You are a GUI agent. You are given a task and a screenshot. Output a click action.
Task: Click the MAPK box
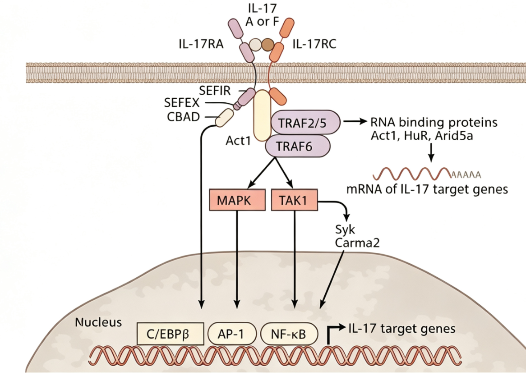(237, 200)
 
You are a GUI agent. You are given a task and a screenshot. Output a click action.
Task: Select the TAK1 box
(294, 200)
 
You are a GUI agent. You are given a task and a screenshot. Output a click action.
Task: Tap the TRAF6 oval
(298, 146)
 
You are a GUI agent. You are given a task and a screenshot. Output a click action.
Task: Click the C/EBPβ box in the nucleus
(171, 334)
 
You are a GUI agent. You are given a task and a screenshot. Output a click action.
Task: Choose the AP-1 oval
(232, 334)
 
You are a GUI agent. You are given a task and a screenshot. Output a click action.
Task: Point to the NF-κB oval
(289, 334)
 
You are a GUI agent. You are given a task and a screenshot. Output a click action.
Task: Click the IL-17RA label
(201, 44)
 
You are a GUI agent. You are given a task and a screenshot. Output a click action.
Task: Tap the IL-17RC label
(314, 44)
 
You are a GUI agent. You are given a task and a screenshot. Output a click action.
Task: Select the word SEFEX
(182, 102)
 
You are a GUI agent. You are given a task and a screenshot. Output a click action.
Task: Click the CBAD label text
(184, 117)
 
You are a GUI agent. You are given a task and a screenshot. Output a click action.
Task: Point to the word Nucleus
(98, 322)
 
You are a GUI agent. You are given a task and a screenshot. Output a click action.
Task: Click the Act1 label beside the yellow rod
(238, 141)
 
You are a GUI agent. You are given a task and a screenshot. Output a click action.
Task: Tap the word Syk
(345, 230)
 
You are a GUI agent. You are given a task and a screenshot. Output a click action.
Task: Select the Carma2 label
(357, 243)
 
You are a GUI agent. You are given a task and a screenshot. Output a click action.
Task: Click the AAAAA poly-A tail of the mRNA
(466, 174)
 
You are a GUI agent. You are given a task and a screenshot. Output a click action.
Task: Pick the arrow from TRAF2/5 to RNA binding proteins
(355, 122)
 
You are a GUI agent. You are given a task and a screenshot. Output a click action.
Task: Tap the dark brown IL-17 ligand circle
(268, 45)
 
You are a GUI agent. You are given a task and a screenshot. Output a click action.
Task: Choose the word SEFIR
(215, 91)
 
